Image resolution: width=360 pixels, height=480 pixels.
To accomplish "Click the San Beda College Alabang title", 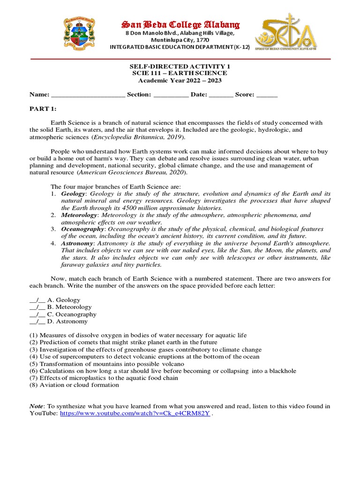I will (x=180, y=24).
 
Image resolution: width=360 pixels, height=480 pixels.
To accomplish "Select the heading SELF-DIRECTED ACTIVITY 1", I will (x=180, y=67).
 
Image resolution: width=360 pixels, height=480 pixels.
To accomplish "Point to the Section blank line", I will (x=171, y=95).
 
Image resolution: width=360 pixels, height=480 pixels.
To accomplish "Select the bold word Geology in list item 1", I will (x=73, y=194).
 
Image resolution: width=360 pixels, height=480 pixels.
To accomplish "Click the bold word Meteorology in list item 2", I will (x=79, y=215).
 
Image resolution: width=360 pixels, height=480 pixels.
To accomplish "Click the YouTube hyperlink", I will (x=135, y=414).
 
